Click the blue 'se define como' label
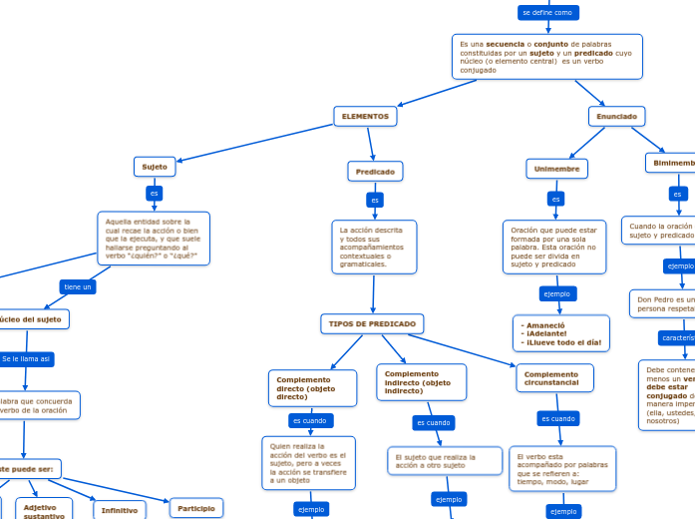(547, 13)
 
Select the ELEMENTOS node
(365, 117)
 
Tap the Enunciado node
(616, 117)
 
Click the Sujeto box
(155, 167)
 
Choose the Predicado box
(375, 172)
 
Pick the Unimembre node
(556, 169)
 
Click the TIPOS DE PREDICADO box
(372, 324)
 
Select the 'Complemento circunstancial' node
(554, 378)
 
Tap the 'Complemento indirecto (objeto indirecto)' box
(421, 381)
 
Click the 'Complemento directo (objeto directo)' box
(312, 387)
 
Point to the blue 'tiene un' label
(78, 286)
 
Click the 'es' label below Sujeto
(154, 193)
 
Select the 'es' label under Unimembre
(556, 199)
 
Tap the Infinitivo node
(120, 510)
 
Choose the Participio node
(196, 508)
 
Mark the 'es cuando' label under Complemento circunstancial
(557, 418)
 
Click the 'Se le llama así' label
(26, 358)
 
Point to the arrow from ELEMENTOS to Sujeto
(254, 141)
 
